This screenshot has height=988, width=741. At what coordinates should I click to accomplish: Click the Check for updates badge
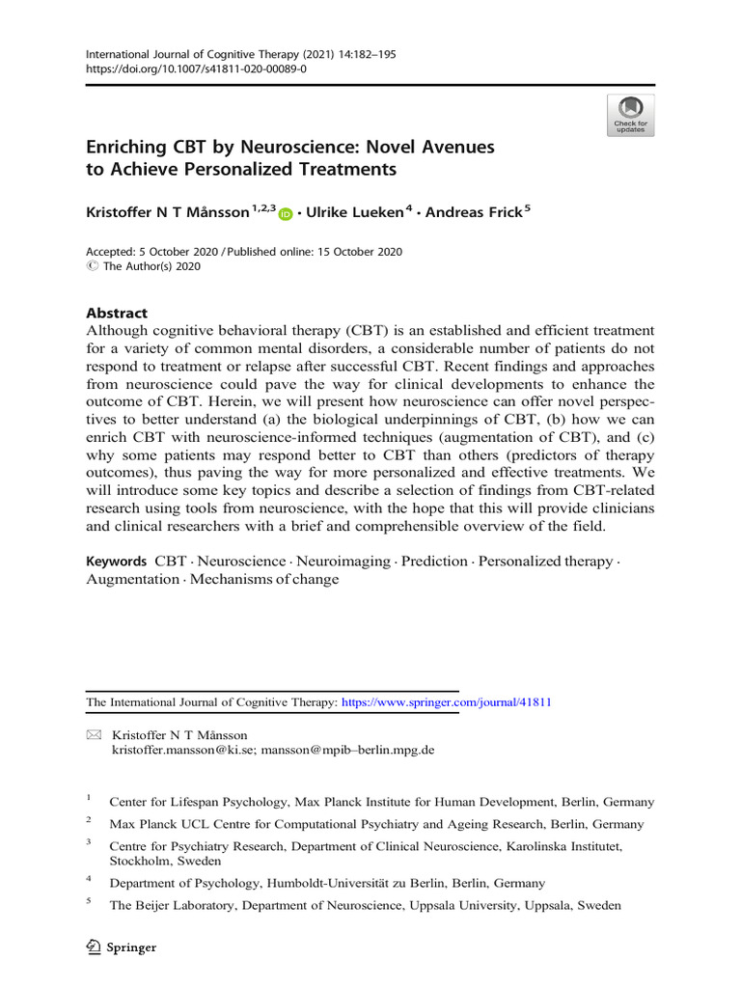(630, 115)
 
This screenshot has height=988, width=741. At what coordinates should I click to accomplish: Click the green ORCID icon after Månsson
(285, 214)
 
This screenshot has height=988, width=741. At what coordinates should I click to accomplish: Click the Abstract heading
(117, 313)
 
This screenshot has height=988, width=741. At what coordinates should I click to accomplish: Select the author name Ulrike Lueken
(350, 212)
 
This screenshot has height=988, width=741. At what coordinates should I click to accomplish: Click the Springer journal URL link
(446, 702)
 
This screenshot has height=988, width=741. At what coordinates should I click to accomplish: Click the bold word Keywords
(116, 561)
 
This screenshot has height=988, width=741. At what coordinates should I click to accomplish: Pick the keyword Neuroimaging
(343, 561)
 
